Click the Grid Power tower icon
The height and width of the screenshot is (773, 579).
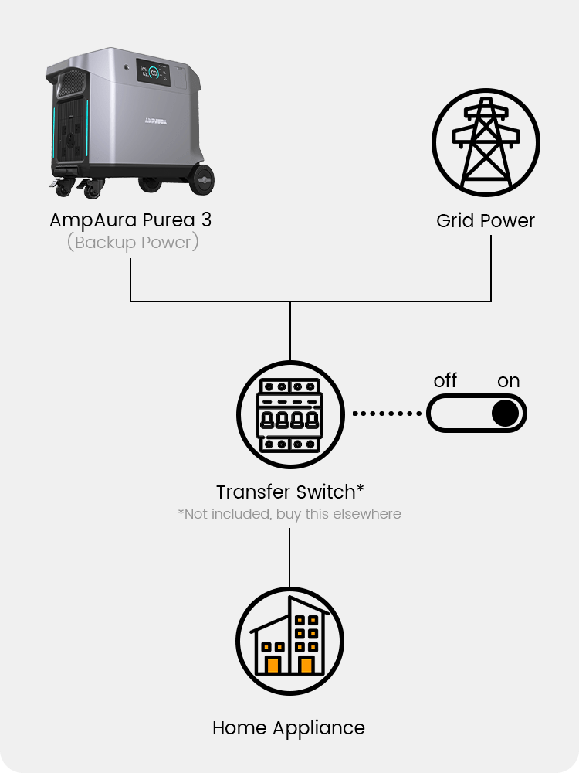pyautogui.click(x=485, y=143)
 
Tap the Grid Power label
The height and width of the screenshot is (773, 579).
pyautogui.click(x=485, y=221)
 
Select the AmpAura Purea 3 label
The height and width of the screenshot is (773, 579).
pyautogui.click(x=130, y=220)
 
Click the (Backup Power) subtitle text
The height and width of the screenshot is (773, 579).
pyautogui.click(x=133, y=243)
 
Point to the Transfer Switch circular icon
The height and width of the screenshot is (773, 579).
pyautogui.click(x=289, y=415)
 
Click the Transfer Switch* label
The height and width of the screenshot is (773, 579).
pyautogui.click(x=289, y=492)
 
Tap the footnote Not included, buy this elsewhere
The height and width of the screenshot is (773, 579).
pyautogui.click(x=289, y=514)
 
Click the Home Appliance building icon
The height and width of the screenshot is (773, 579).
pyautogui.click(x=289, y=642)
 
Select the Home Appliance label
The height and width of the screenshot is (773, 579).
pyautogui.click(x=289, y=728)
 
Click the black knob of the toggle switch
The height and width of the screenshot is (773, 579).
pyautogui.click(x=505, y=414)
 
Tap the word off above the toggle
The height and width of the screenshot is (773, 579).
pyautogui.click(x=445, y=381)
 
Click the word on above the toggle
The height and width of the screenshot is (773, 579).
pyautogui.click(x=508, y=381)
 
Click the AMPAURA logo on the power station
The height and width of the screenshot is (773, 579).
pyautogui.click(x=158, y=121)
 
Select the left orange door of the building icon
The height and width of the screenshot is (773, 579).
pyautogui.click(x=273, y=664)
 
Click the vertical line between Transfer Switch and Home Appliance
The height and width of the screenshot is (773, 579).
pyautogui.click(x=289, y=557)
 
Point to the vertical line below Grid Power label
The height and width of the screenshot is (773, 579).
pyautogui.click(x=491, y=267)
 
